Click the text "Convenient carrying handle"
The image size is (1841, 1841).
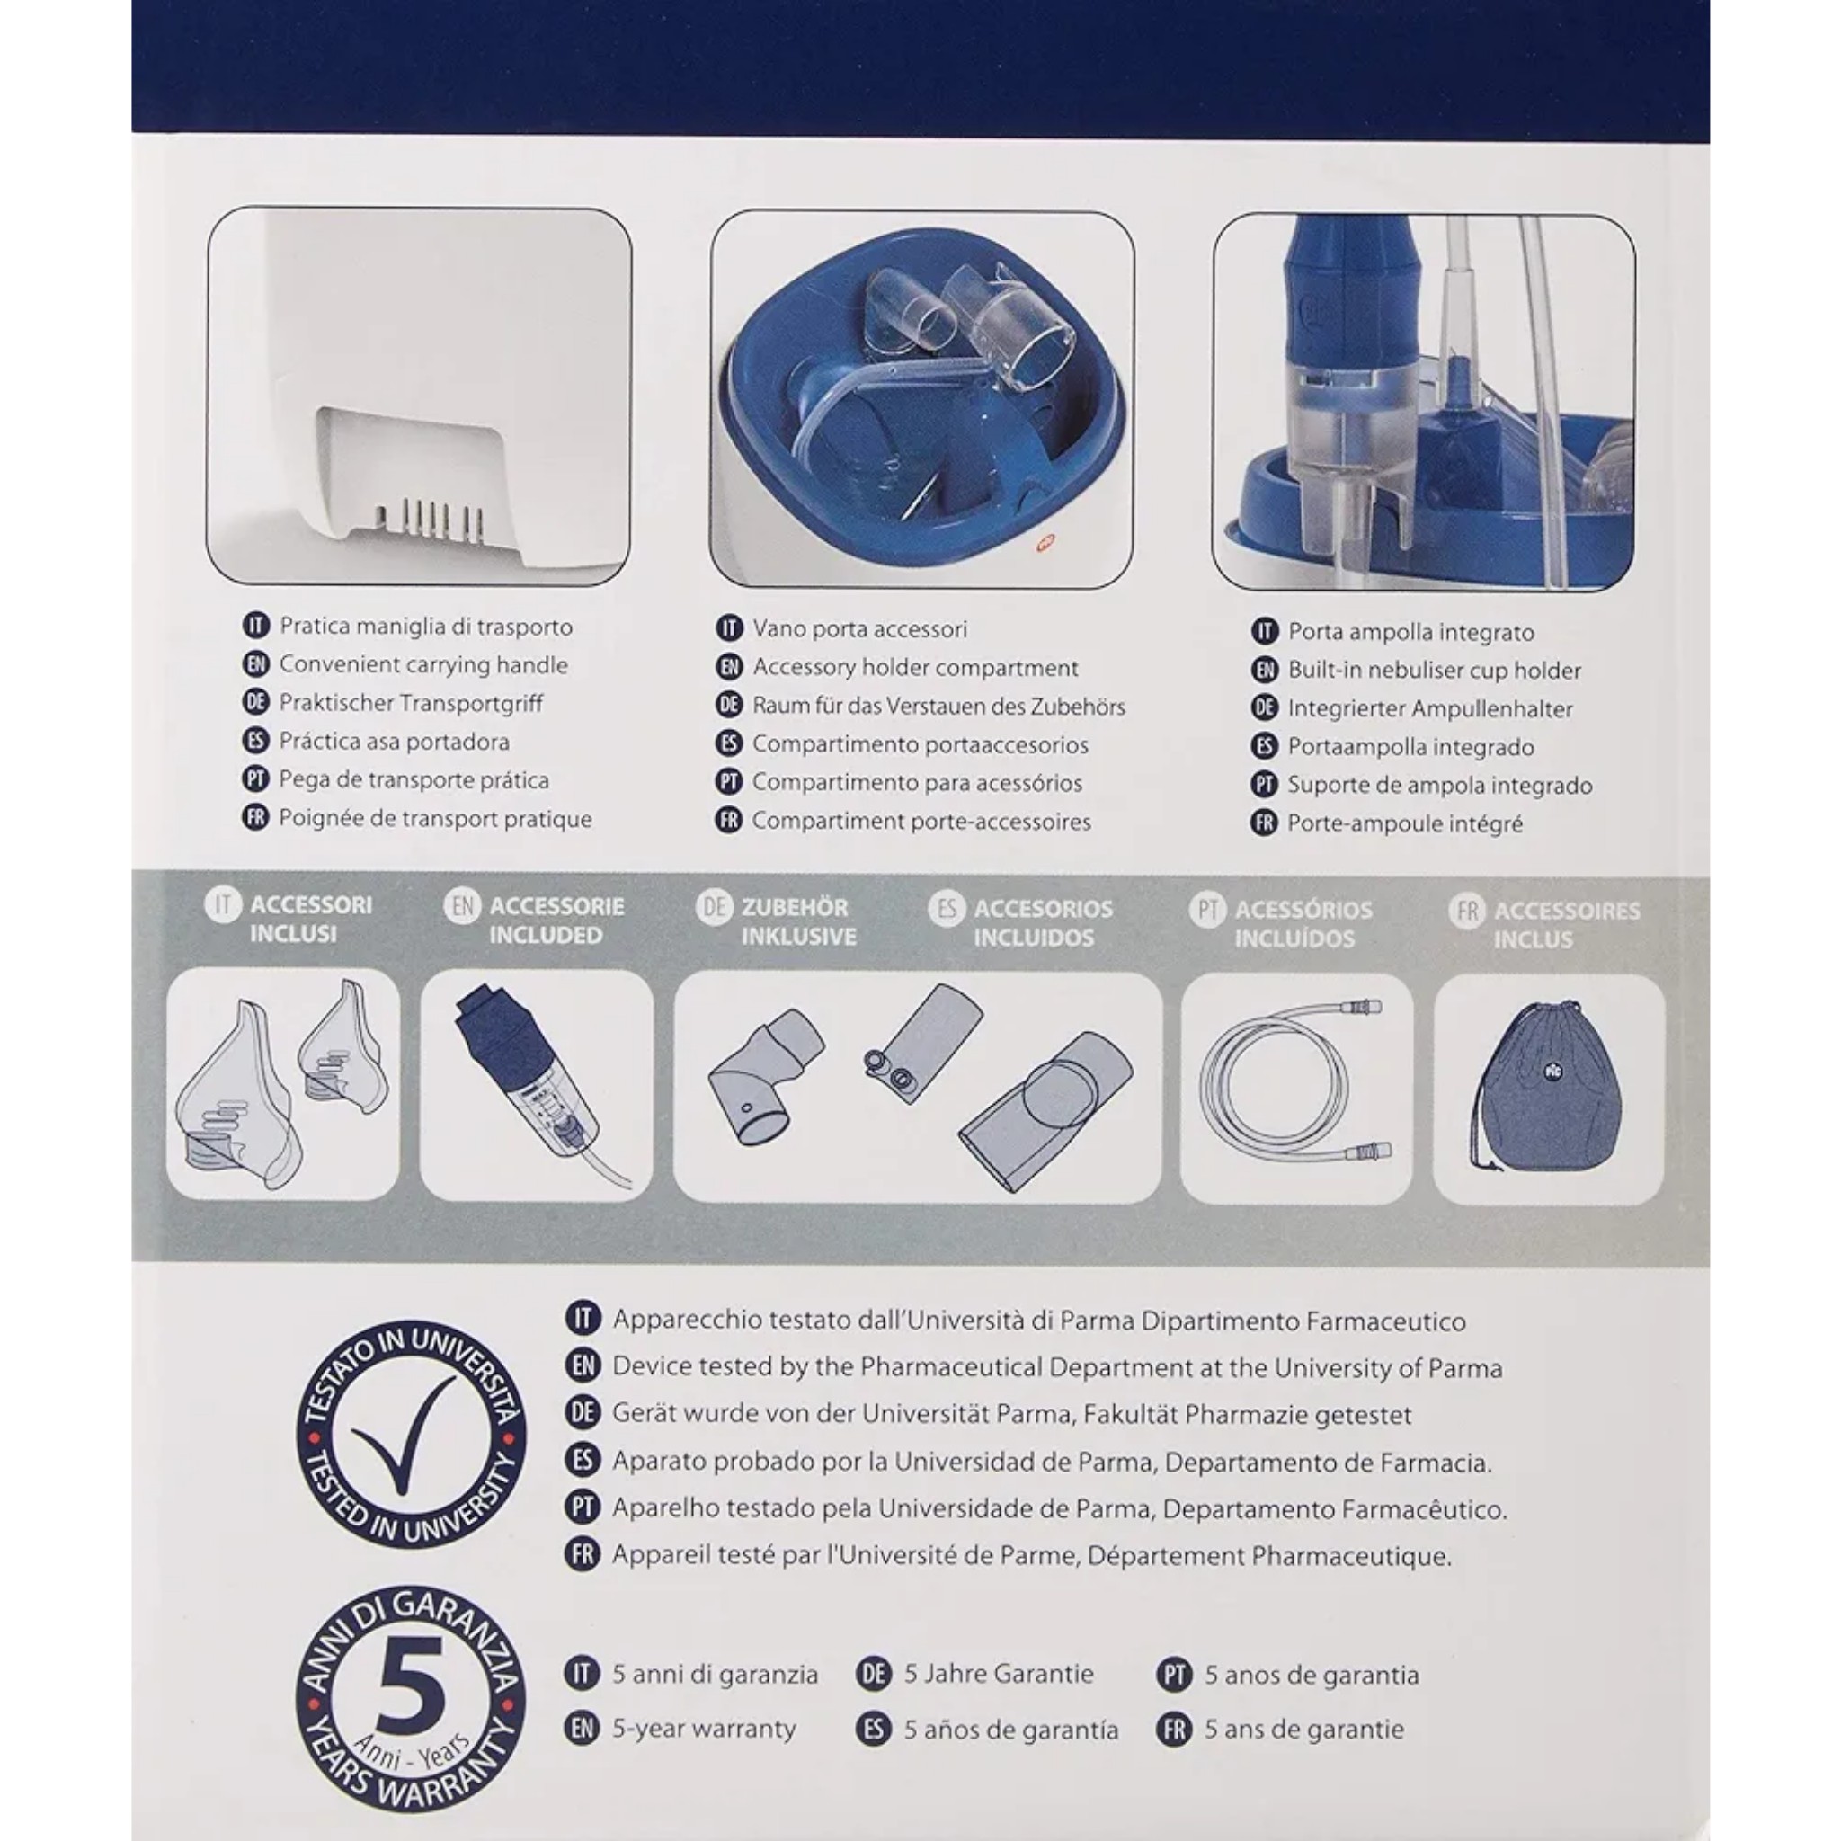click(423, 665)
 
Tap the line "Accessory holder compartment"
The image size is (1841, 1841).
click(916, 668)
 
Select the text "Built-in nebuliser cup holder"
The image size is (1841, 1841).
click(1434, 671)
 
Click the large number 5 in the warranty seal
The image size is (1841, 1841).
click(411, 1685)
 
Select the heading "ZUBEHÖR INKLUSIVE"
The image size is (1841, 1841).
click(798, 922)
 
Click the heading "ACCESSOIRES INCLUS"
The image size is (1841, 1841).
click(1567, 925)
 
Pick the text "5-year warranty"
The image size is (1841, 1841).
click(704, 1729)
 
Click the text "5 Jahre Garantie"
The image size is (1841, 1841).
click(999, 1674)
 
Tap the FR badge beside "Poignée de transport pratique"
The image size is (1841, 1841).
click(255, 819)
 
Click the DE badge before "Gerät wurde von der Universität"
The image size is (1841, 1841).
click(583, 1413)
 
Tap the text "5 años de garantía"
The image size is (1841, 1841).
click(1011, 1730)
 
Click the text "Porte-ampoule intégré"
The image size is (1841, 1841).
click(1405, 824)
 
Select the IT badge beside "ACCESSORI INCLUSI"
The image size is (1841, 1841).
click(223, 905)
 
